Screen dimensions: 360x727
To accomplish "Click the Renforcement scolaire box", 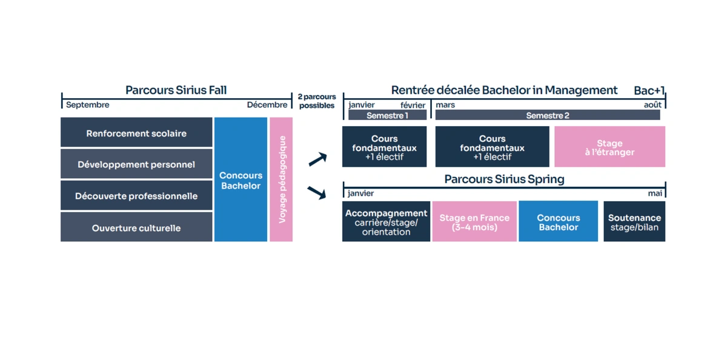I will [x=136, y=133].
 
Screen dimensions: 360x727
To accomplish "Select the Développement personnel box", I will [x=136, y=164].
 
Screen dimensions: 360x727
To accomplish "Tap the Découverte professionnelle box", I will [x=136, y=196].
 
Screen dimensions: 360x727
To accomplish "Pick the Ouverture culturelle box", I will [x=136, y=228].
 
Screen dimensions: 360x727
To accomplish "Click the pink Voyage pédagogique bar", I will [x=281, y=179].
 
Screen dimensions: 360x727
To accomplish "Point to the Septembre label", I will [x=88, y=105].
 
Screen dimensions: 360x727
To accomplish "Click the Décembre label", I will [x=267, y=105].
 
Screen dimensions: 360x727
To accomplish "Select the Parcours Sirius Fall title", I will [x=176, y=90].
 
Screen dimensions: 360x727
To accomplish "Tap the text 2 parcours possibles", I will [x=317, y=101].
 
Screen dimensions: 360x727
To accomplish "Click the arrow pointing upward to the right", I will [x=317, y=159].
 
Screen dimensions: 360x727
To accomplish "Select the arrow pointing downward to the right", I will [x=317, y=193].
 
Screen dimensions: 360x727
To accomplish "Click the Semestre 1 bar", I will [x=387, y=115].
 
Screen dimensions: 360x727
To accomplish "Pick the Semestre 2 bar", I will [x=548, y=115].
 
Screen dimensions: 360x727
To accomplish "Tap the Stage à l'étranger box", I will [x=609, y=147].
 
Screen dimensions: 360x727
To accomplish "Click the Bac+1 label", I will [x=649, y=91].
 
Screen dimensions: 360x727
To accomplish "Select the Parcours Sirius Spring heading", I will [x=504, y=179].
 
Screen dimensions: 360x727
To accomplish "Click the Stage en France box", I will [x=474, y=222].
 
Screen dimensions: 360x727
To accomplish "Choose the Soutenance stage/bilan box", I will [x=634, y=222].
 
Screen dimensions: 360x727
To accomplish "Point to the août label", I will [x=652, y=105].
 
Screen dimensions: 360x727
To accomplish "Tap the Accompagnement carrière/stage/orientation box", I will [x=386, y=222].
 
